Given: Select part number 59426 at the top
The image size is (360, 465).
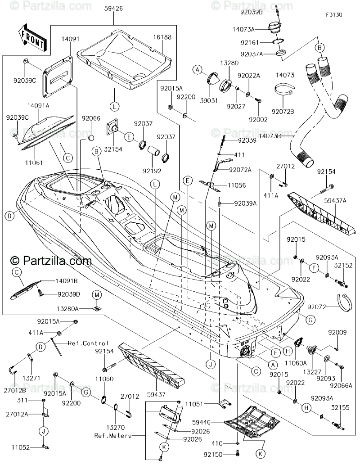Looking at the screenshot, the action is pyautogui.click(x=113, y=9).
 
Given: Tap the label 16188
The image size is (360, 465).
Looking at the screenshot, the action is pyautogui.click(x=162, y=37).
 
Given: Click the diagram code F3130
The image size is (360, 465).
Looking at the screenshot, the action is pyautogui.click(x=334, y=14).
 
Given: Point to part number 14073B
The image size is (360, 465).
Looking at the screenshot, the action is pyautogui.click(x=270, y=136).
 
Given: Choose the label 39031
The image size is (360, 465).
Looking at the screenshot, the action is pyautogui.click(x=209, y=100).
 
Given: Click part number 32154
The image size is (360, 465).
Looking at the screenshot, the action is pyautogui.click(x=113, y=149).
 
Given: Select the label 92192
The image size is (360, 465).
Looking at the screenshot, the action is pyautogui.click(x=152, y=171).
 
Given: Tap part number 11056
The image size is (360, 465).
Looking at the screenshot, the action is pyautogui.click(x=237, y=185).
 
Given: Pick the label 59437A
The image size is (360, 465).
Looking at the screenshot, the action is pyautogui.click(x=335, y=201).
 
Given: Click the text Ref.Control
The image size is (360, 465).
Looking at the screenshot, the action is pyautogui.click(x=88, y=343).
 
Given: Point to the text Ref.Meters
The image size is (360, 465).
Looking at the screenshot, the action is pyautogui.click(x=113, y=436).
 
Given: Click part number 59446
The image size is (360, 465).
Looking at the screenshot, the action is pyautogui.click(x=201, y=422).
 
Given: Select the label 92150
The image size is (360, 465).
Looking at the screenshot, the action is pyautogui.click(x=213, y=455).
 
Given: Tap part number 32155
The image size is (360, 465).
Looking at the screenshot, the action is pyautogui.click(x=340, y=407).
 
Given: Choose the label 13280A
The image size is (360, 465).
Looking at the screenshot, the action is pyautogui.click(x=67, y=309).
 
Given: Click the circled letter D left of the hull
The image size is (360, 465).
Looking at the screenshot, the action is pyautogui.click(x=9, y=216).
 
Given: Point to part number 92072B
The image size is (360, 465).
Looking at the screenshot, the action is pyautogui.click(x=283, y=112).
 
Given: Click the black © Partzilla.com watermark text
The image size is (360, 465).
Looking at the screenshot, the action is pyautogui.click(x=51, y=261).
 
